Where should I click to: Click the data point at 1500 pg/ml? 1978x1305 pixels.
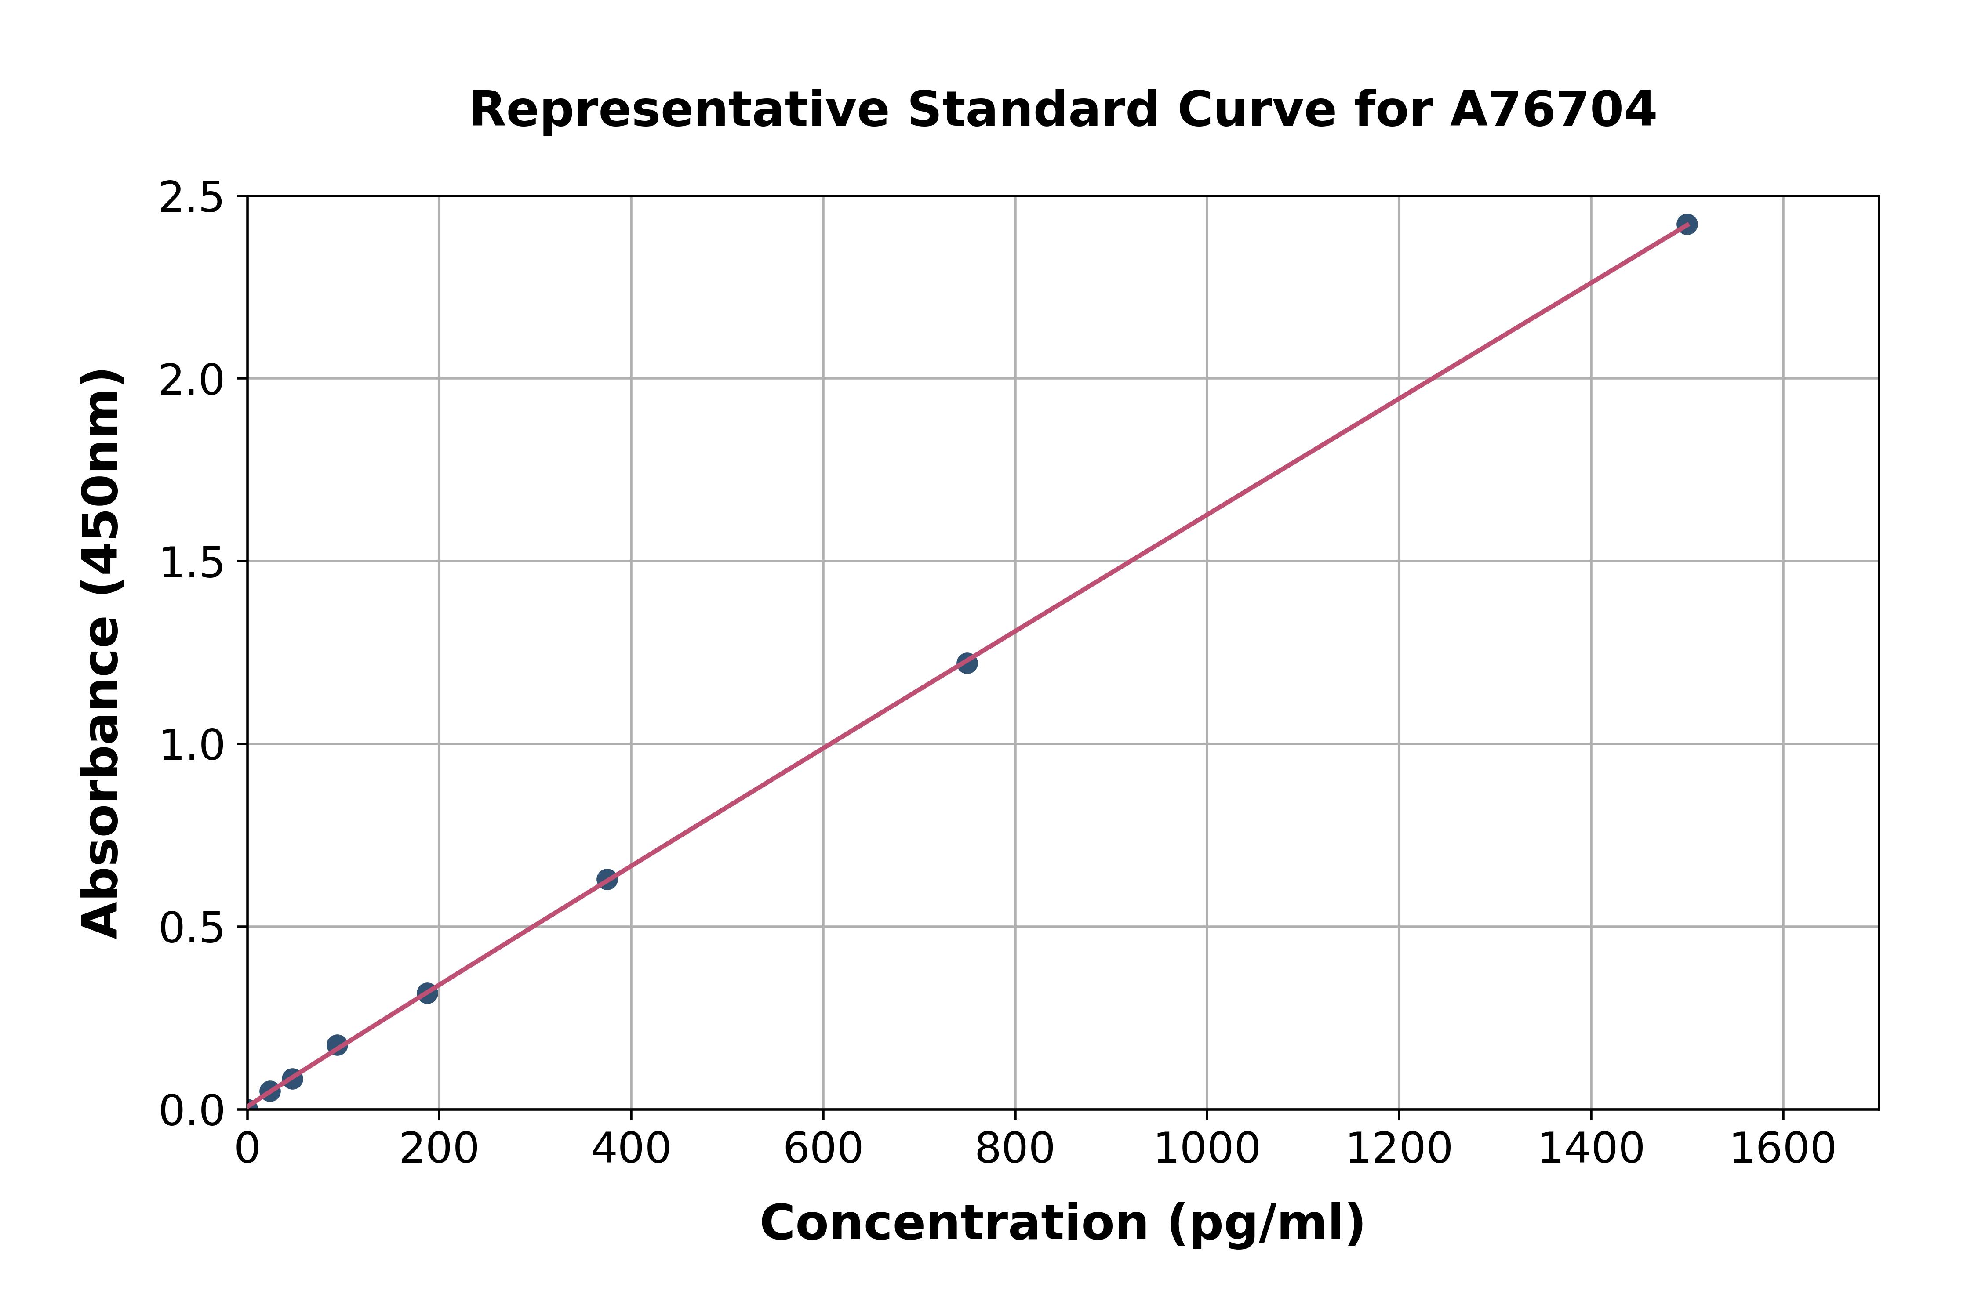(1687, 225)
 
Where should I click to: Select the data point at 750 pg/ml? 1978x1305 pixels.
(967, 663)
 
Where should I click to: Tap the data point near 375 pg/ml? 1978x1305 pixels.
(607, 879)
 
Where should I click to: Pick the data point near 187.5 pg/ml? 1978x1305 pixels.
(427, 993)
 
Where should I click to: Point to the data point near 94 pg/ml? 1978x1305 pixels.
(337, 1045)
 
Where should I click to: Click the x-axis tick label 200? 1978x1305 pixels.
(439, 1149)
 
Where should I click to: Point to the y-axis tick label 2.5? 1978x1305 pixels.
(192, 198)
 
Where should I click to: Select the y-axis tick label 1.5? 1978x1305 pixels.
(192, 562)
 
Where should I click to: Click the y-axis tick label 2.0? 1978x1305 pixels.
(192, 381)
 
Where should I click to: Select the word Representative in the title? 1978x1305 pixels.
(679, 110)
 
